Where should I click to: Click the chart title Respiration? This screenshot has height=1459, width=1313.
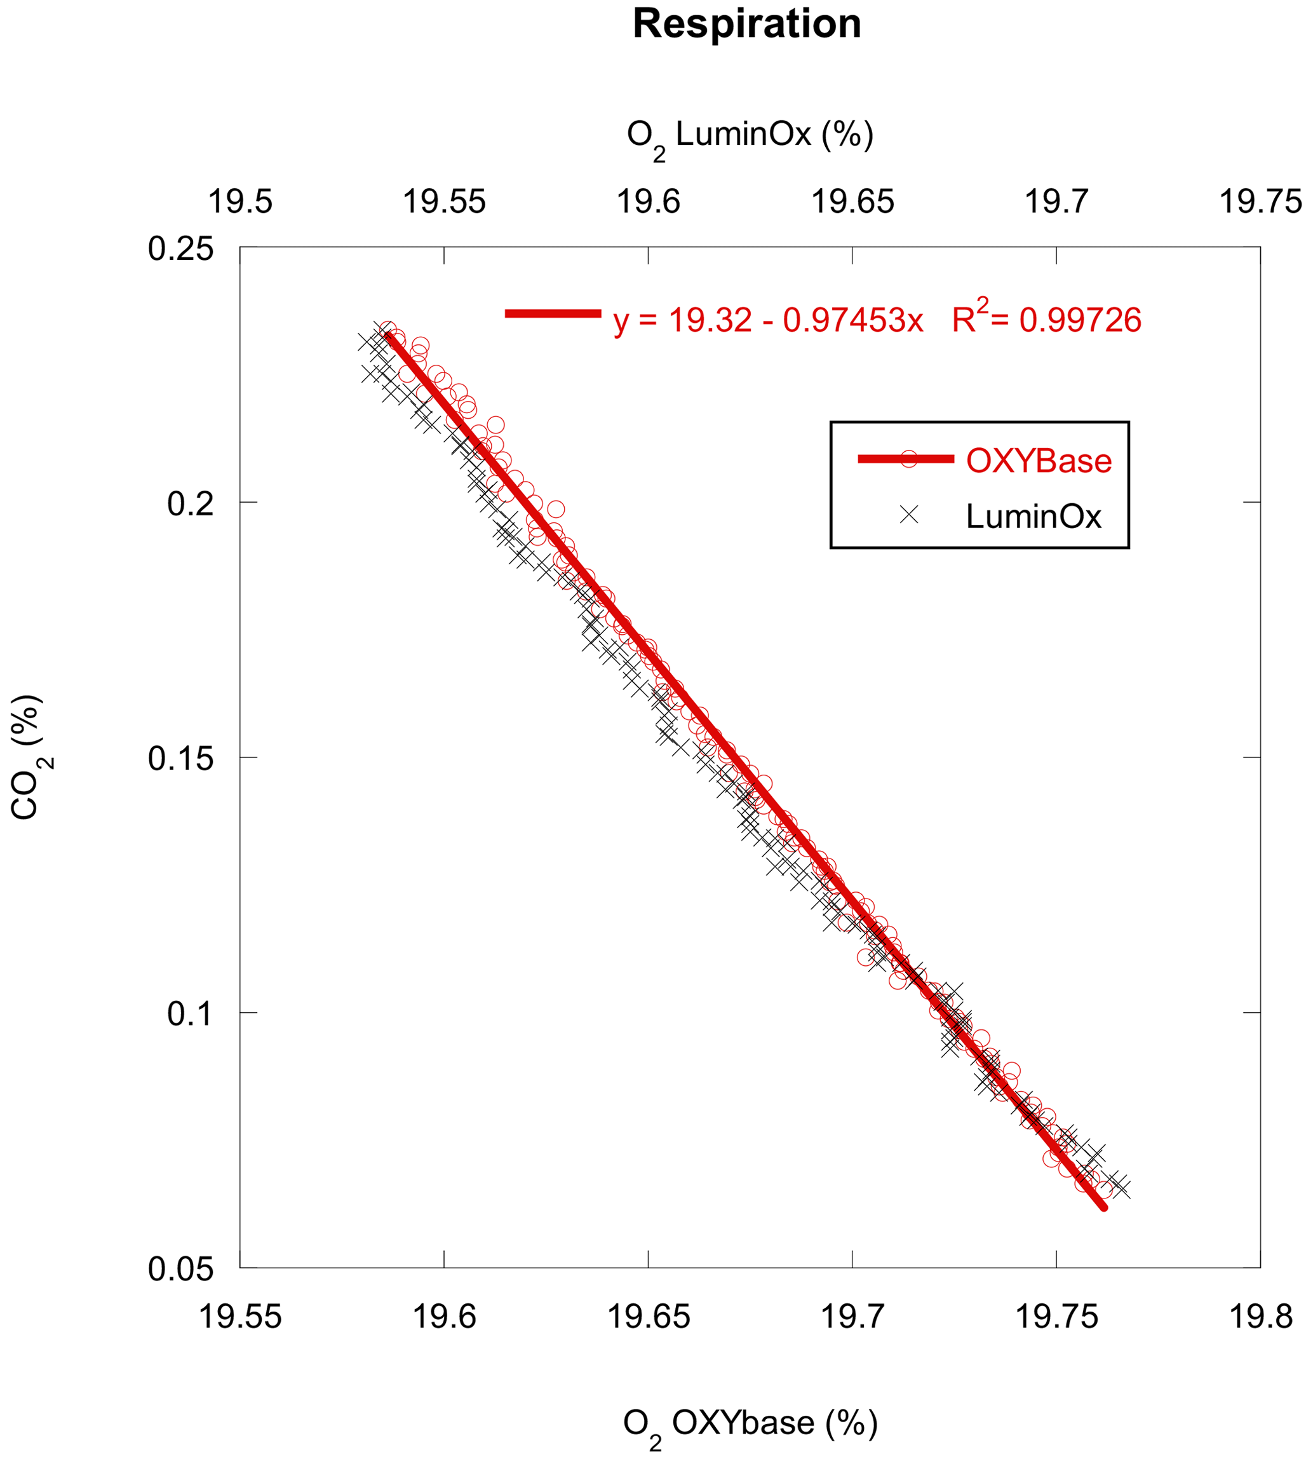tap(746, 24)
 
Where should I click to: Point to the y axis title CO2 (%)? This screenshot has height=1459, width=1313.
tap(27, 757)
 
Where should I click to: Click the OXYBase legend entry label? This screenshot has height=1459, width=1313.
tap(1038, 461)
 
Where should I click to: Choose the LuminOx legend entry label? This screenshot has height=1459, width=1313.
tap(1033, 517)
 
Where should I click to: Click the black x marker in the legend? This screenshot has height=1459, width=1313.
tap(909, 515)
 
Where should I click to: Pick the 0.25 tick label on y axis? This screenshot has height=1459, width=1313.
tap(181, 249)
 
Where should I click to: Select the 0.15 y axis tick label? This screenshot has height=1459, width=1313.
tap(181, 758)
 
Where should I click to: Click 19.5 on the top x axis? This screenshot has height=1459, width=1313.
tap(239, 201)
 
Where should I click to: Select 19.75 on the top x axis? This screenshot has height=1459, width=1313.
tap(1260, 201)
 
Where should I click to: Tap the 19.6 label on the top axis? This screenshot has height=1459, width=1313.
tap(648, 201)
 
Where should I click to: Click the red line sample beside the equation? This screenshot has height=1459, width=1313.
tap(553, 314)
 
